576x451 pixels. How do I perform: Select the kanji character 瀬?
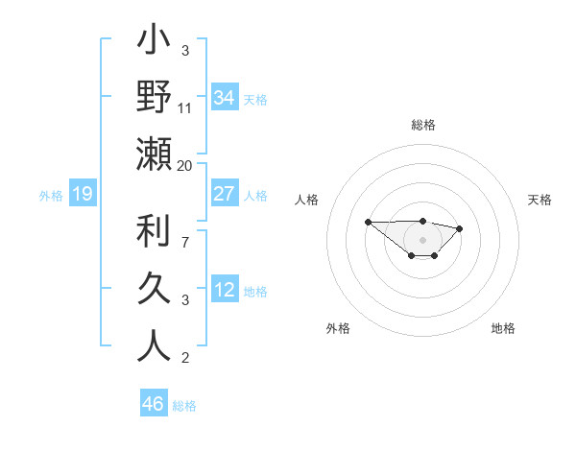coord(154,154)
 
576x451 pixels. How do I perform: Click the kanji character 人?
coord(154,345)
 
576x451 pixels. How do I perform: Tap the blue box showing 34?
coord(225,98)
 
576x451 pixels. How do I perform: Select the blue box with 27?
coord(225,194)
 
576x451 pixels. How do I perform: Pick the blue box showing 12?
coord(225,290)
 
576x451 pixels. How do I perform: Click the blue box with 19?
coord(82,195)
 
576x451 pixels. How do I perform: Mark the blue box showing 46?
coord(154,404)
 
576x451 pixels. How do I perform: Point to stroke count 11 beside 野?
coord(185,107)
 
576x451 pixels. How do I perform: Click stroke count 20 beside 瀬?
coord(185,165)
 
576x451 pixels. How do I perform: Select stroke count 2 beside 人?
coord(185,358)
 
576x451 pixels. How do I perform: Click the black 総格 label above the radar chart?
coord(423,125)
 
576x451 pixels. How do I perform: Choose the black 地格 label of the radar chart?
coord(503,328)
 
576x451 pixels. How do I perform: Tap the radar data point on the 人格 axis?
coord(368,222)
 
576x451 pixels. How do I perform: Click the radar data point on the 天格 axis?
coord(460,228)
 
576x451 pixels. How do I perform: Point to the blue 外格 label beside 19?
coord(51,196)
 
